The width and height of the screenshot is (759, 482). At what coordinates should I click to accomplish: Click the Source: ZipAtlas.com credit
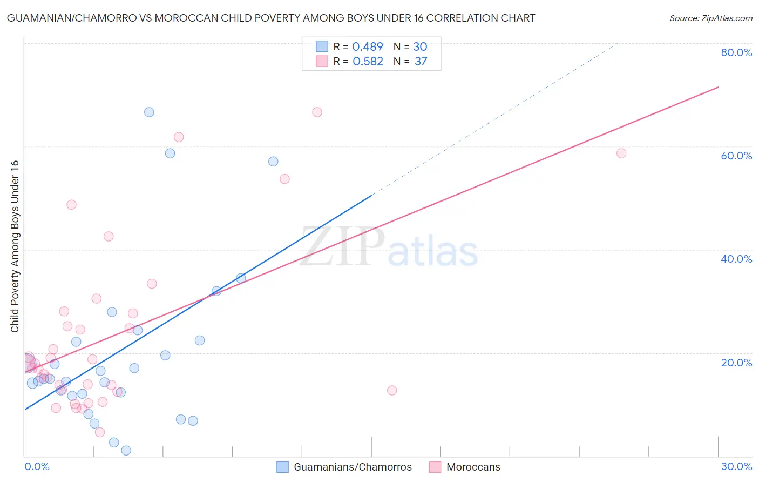[710, 18]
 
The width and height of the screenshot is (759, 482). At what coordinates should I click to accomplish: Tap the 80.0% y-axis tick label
[736, 52]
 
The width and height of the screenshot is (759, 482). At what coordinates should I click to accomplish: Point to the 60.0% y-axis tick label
[736, 156]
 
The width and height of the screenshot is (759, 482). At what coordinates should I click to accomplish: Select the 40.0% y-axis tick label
[736, 259]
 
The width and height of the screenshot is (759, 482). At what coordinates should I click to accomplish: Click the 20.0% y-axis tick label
[736, 363]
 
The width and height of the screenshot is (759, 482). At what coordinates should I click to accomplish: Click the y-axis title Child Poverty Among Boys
[15, 246]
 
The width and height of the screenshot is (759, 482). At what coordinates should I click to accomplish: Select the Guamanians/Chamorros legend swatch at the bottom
[282, 467]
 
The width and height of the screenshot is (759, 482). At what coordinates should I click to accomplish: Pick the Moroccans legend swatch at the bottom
[435, 467]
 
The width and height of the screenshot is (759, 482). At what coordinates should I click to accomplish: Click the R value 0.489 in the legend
[368, 47]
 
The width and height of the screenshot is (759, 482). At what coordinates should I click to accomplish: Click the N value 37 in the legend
[421, 62]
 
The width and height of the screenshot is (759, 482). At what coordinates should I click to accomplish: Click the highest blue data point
[149, 112]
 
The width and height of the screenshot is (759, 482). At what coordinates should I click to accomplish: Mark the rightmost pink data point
[621, 153]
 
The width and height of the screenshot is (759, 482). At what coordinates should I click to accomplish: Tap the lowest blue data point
[126, 451]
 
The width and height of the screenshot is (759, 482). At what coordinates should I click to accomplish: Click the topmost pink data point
[317, 112]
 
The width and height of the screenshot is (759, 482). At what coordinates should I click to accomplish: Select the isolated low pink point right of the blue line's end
[392, 391]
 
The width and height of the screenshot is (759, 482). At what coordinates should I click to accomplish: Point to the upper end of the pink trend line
[717, 87]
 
